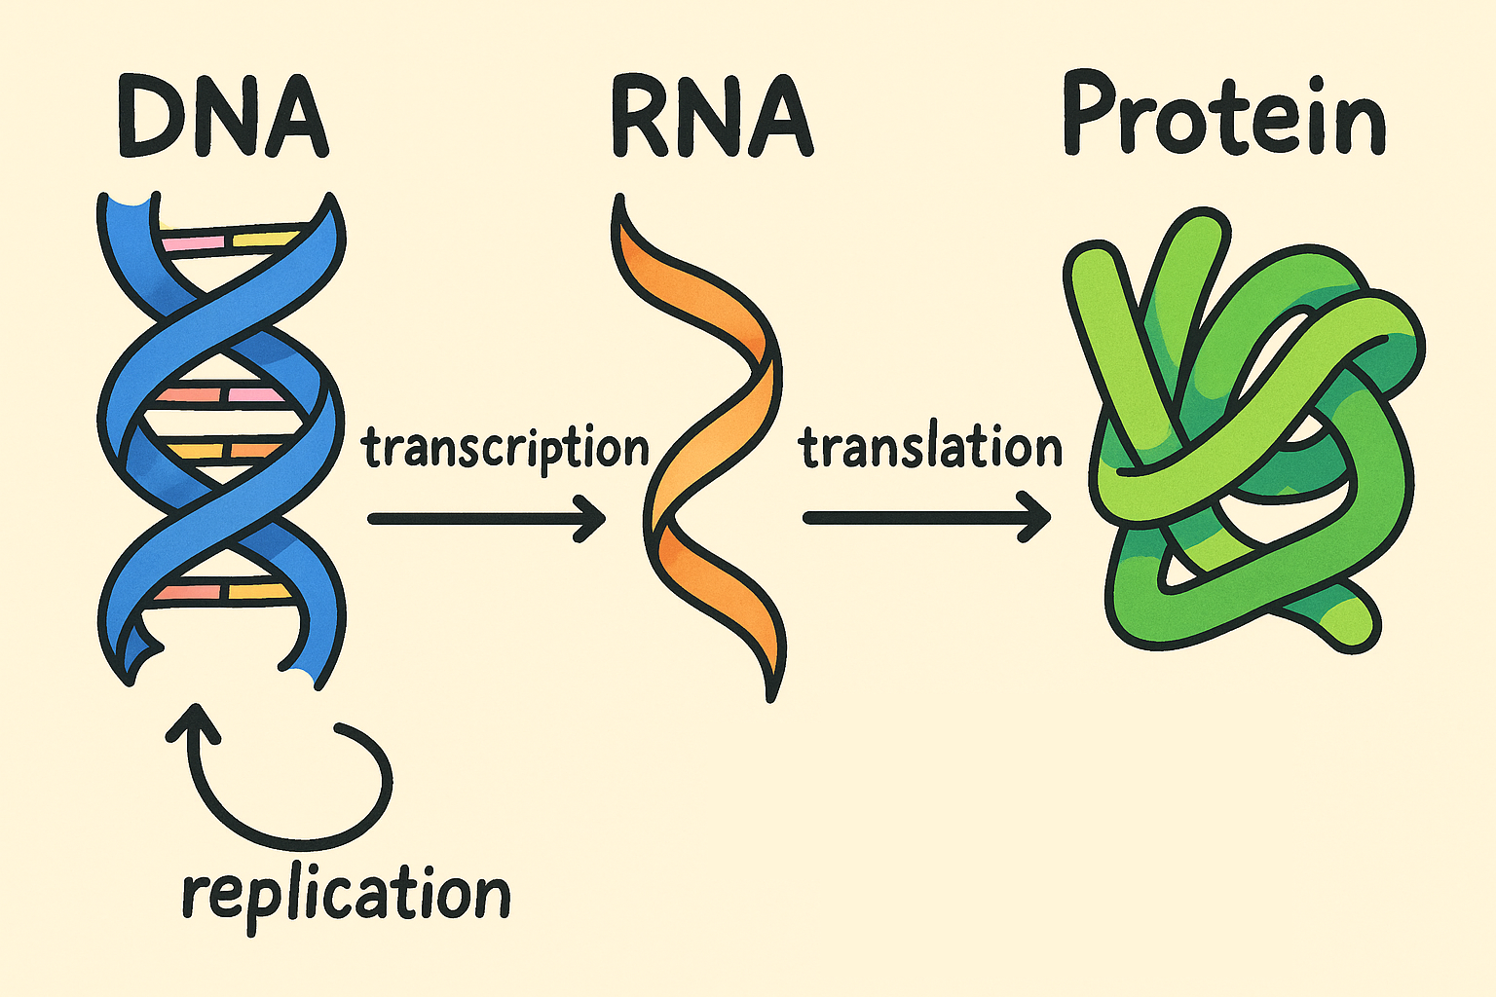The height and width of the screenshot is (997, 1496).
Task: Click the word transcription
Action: [505, 449]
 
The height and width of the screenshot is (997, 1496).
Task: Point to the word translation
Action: [930, 449]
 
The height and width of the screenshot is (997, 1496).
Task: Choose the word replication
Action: [346, 894]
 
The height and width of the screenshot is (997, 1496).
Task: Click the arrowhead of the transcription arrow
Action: [592, 518]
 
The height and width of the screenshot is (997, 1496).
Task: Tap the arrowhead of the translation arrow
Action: [1036, 518]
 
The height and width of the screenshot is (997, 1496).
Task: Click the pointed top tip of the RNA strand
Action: [617, 201]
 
